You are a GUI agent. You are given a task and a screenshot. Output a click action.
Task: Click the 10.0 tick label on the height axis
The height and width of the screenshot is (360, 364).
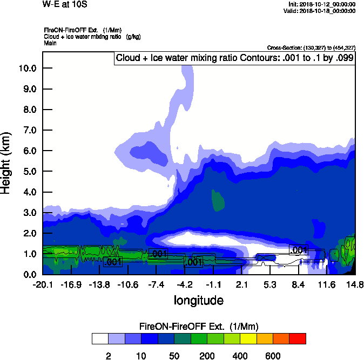click(27, 69)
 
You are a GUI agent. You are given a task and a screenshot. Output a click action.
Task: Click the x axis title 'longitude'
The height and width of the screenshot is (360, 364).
click(198, 300)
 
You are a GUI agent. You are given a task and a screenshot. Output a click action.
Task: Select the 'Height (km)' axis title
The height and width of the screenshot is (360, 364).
click(6, 162)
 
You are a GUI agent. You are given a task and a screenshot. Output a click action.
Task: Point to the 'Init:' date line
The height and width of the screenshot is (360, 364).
click(322, 4)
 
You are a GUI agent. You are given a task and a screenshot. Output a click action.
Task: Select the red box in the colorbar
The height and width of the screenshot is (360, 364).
click(298, 338)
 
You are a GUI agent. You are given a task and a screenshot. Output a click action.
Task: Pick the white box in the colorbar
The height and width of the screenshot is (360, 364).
click(100, 338)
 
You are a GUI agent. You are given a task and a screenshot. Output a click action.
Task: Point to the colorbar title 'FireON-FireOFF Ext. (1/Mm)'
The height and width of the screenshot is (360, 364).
click(199, 327)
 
